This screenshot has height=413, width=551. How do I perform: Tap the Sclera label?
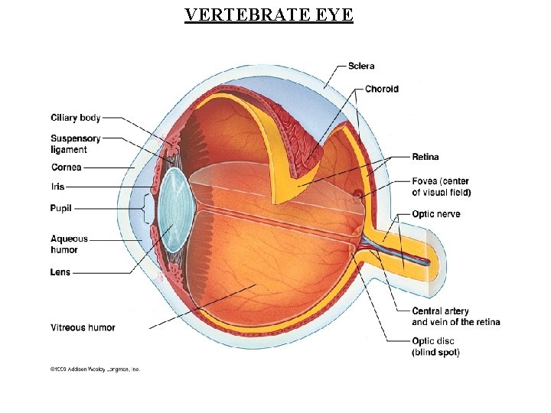[361, 66]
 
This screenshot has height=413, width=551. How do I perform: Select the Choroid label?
[381, 89]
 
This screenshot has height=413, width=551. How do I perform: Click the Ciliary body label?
[76, 118]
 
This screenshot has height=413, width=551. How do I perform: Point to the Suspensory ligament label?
[76, 144]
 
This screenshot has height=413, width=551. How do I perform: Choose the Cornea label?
[67, 167]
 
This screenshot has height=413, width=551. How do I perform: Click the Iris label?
[58, 187]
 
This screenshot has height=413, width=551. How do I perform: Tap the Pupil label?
[61, 207]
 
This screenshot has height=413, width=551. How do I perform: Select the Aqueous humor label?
[70, 244]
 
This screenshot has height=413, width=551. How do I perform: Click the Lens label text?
[60, 272]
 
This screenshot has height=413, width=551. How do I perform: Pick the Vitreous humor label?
[83, 327]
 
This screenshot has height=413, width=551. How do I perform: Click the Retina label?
[425, 157]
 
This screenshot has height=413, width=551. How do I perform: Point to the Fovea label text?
[441, 187]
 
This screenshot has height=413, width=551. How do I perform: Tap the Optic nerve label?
[436, 214]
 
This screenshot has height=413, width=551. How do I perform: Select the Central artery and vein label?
[455, 317]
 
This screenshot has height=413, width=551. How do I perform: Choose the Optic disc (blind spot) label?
[435, 346]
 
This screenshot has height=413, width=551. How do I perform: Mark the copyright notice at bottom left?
[95, 369]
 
